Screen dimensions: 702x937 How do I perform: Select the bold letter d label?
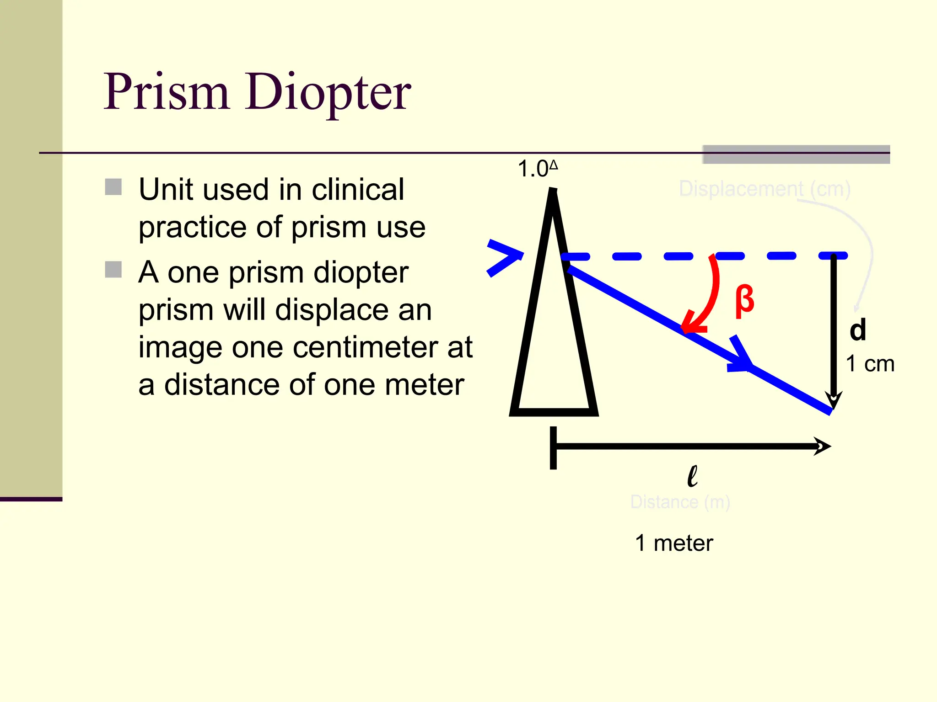[x=858, y=330]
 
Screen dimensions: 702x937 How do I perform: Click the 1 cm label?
[x=870, y=364]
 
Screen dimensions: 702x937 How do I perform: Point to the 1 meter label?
[x=674, y=543]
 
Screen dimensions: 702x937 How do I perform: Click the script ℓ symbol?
[x=692, y=476]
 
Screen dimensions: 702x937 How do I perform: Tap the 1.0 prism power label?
[x=537, y=169]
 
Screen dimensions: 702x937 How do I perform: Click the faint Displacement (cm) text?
[x=764, y=189]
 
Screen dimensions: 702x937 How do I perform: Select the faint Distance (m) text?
[x=680, y=502]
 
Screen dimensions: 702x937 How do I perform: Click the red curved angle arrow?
[x=707, y=297]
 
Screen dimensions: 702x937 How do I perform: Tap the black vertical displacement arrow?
[x=834, y=329]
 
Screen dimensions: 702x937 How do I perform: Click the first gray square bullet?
[x=113, y=187]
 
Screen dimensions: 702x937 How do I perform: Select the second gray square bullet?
[x=113, y=270]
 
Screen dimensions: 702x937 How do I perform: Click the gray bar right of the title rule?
[x=796, y=154]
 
